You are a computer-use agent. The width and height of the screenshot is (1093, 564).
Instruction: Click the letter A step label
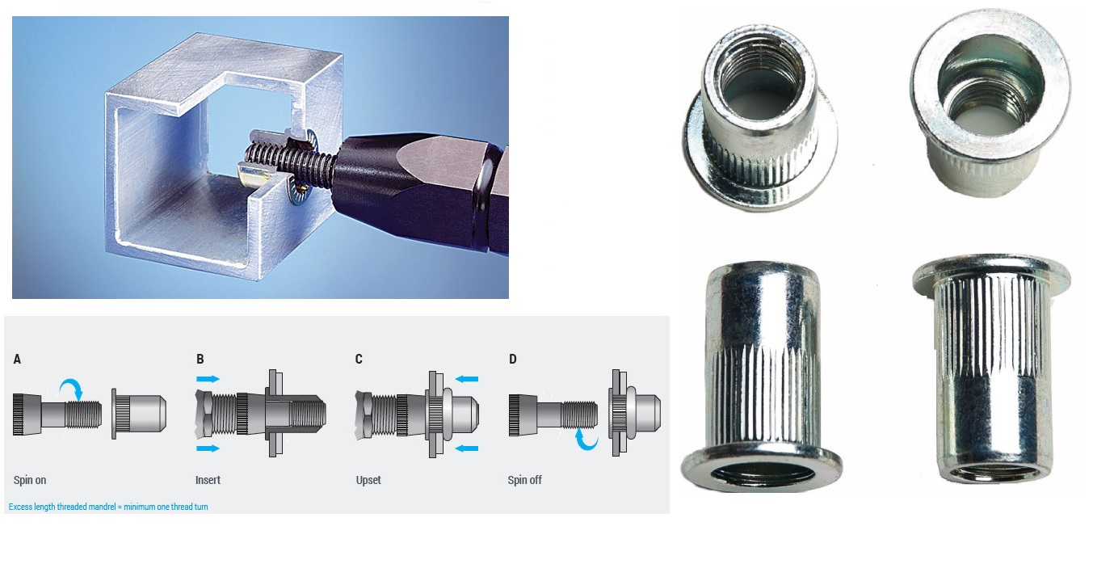point(17,360)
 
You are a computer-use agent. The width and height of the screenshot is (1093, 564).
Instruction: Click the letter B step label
point(200,360)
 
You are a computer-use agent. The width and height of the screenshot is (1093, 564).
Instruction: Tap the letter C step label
point(359,360)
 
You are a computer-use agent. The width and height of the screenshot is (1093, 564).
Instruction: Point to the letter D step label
point(512,360)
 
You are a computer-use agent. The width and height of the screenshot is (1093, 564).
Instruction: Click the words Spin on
point(30,480)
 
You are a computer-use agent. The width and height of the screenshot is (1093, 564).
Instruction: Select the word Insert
point(208,480)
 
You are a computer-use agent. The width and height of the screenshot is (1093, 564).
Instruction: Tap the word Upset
point(368,480)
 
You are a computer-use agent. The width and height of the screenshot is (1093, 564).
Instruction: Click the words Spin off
point(524,480)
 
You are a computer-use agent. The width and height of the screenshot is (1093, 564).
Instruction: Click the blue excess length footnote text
point(108,507)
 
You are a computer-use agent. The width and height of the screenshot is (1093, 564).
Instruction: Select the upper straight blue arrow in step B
point(208,379)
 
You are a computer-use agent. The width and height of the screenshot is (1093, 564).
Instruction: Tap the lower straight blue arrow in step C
point(466,448)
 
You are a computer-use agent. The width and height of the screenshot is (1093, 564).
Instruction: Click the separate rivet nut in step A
point(139,414)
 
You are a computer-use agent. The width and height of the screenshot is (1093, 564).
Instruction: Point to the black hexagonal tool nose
point(419,190)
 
